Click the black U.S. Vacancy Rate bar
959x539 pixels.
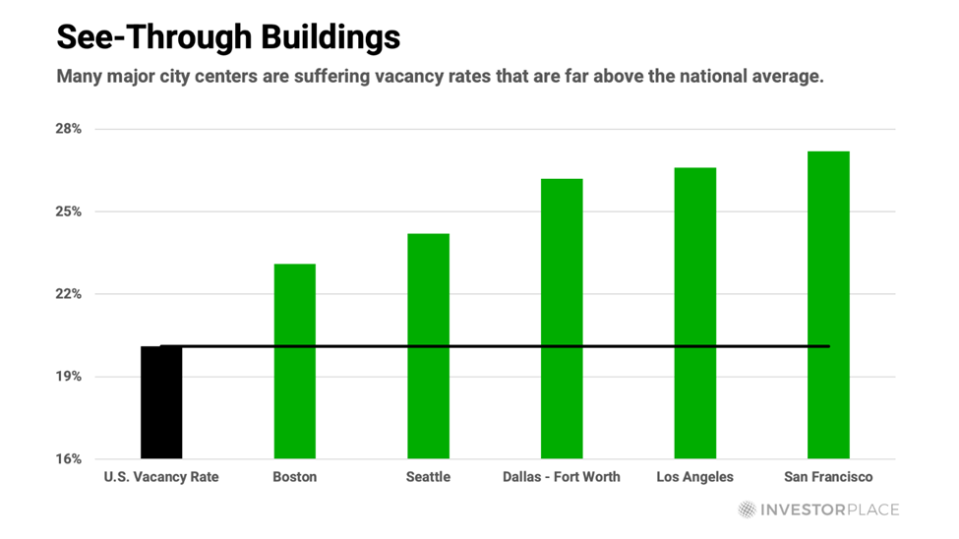pos(161,402)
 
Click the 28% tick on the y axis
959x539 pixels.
pos(68,129)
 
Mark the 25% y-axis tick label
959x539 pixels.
pos(68,211)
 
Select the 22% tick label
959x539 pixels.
pos(68,294)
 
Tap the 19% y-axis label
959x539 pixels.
pos(68,377)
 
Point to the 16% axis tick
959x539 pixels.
pos(68,459)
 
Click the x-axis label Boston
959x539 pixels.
pos(295,477)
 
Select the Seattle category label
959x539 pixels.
pos(428,477)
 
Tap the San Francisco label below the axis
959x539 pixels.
pos(828,477)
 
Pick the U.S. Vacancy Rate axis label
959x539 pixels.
pos(161,477)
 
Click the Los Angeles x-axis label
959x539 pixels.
pos(695,477)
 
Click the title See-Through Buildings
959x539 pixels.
pos(228,37)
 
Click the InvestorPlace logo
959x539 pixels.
pos(818,509)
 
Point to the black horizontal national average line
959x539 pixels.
pos(492,346)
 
